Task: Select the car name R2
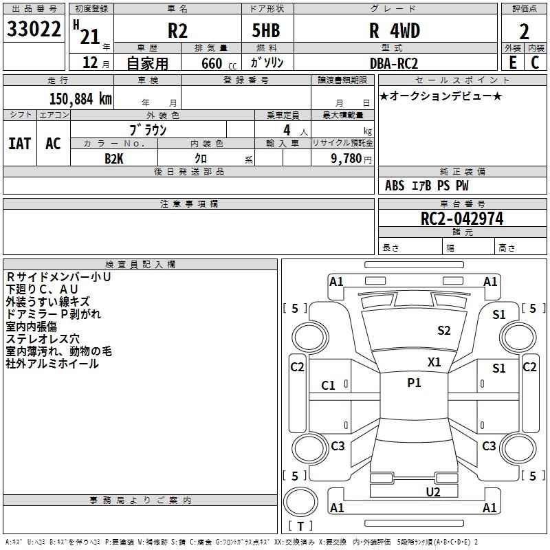click(177, 31)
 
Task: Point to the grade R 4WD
click(394, 31)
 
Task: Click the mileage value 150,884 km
click(80, 98)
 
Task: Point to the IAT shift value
click(19, 144)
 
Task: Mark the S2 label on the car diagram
click(444, 331)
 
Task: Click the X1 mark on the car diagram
click(434, 362)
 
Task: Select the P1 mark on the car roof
click(414, 383)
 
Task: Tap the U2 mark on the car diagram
click(432, 492)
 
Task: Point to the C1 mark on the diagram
click(329, 386)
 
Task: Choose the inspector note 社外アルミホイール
click(52, 364)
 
